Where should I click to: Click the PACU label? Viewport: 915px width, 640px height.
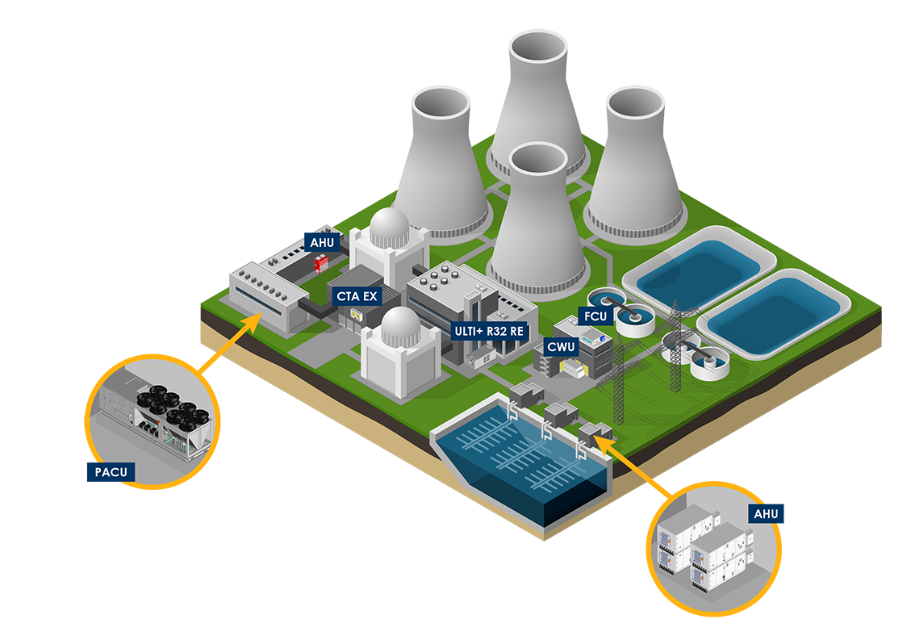(103, 471)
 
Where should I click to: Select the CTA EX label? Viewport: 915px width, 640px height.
(356, 296)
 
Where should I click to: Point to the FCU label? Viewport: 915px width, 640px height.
(595, 316)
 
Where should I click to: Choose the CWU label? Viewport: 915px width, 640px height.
(561, 348)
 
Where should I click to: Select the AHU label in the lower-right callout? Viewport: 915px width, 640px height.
(766, 513)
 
